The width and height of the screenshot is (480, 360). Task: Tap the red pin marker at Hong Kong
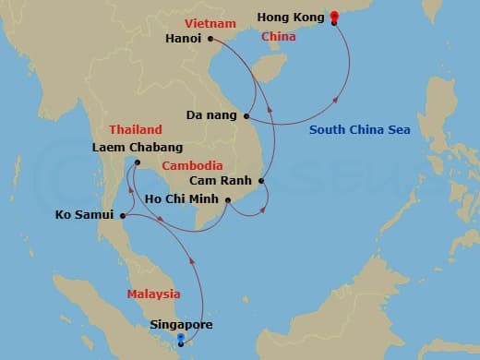point(333,16)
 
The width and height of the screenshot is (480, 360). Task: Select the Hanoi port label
point(185,39)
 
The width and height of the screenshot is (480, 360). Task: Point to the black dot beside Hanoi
point(211,39)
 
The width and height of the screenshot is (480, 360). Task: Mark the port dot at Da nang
point(246,116)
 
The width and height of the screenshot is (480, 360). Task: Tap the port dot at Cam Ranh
point(262,181)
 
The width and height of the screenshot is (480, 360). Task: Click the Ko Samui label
point(84,216)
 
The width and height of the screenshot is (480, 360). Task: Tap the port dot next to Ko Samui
point(123,216)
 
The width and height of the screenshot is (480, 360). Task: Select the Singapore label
point(181,325)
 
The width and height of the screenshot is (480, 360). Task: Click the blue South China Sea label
point(359,130)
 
